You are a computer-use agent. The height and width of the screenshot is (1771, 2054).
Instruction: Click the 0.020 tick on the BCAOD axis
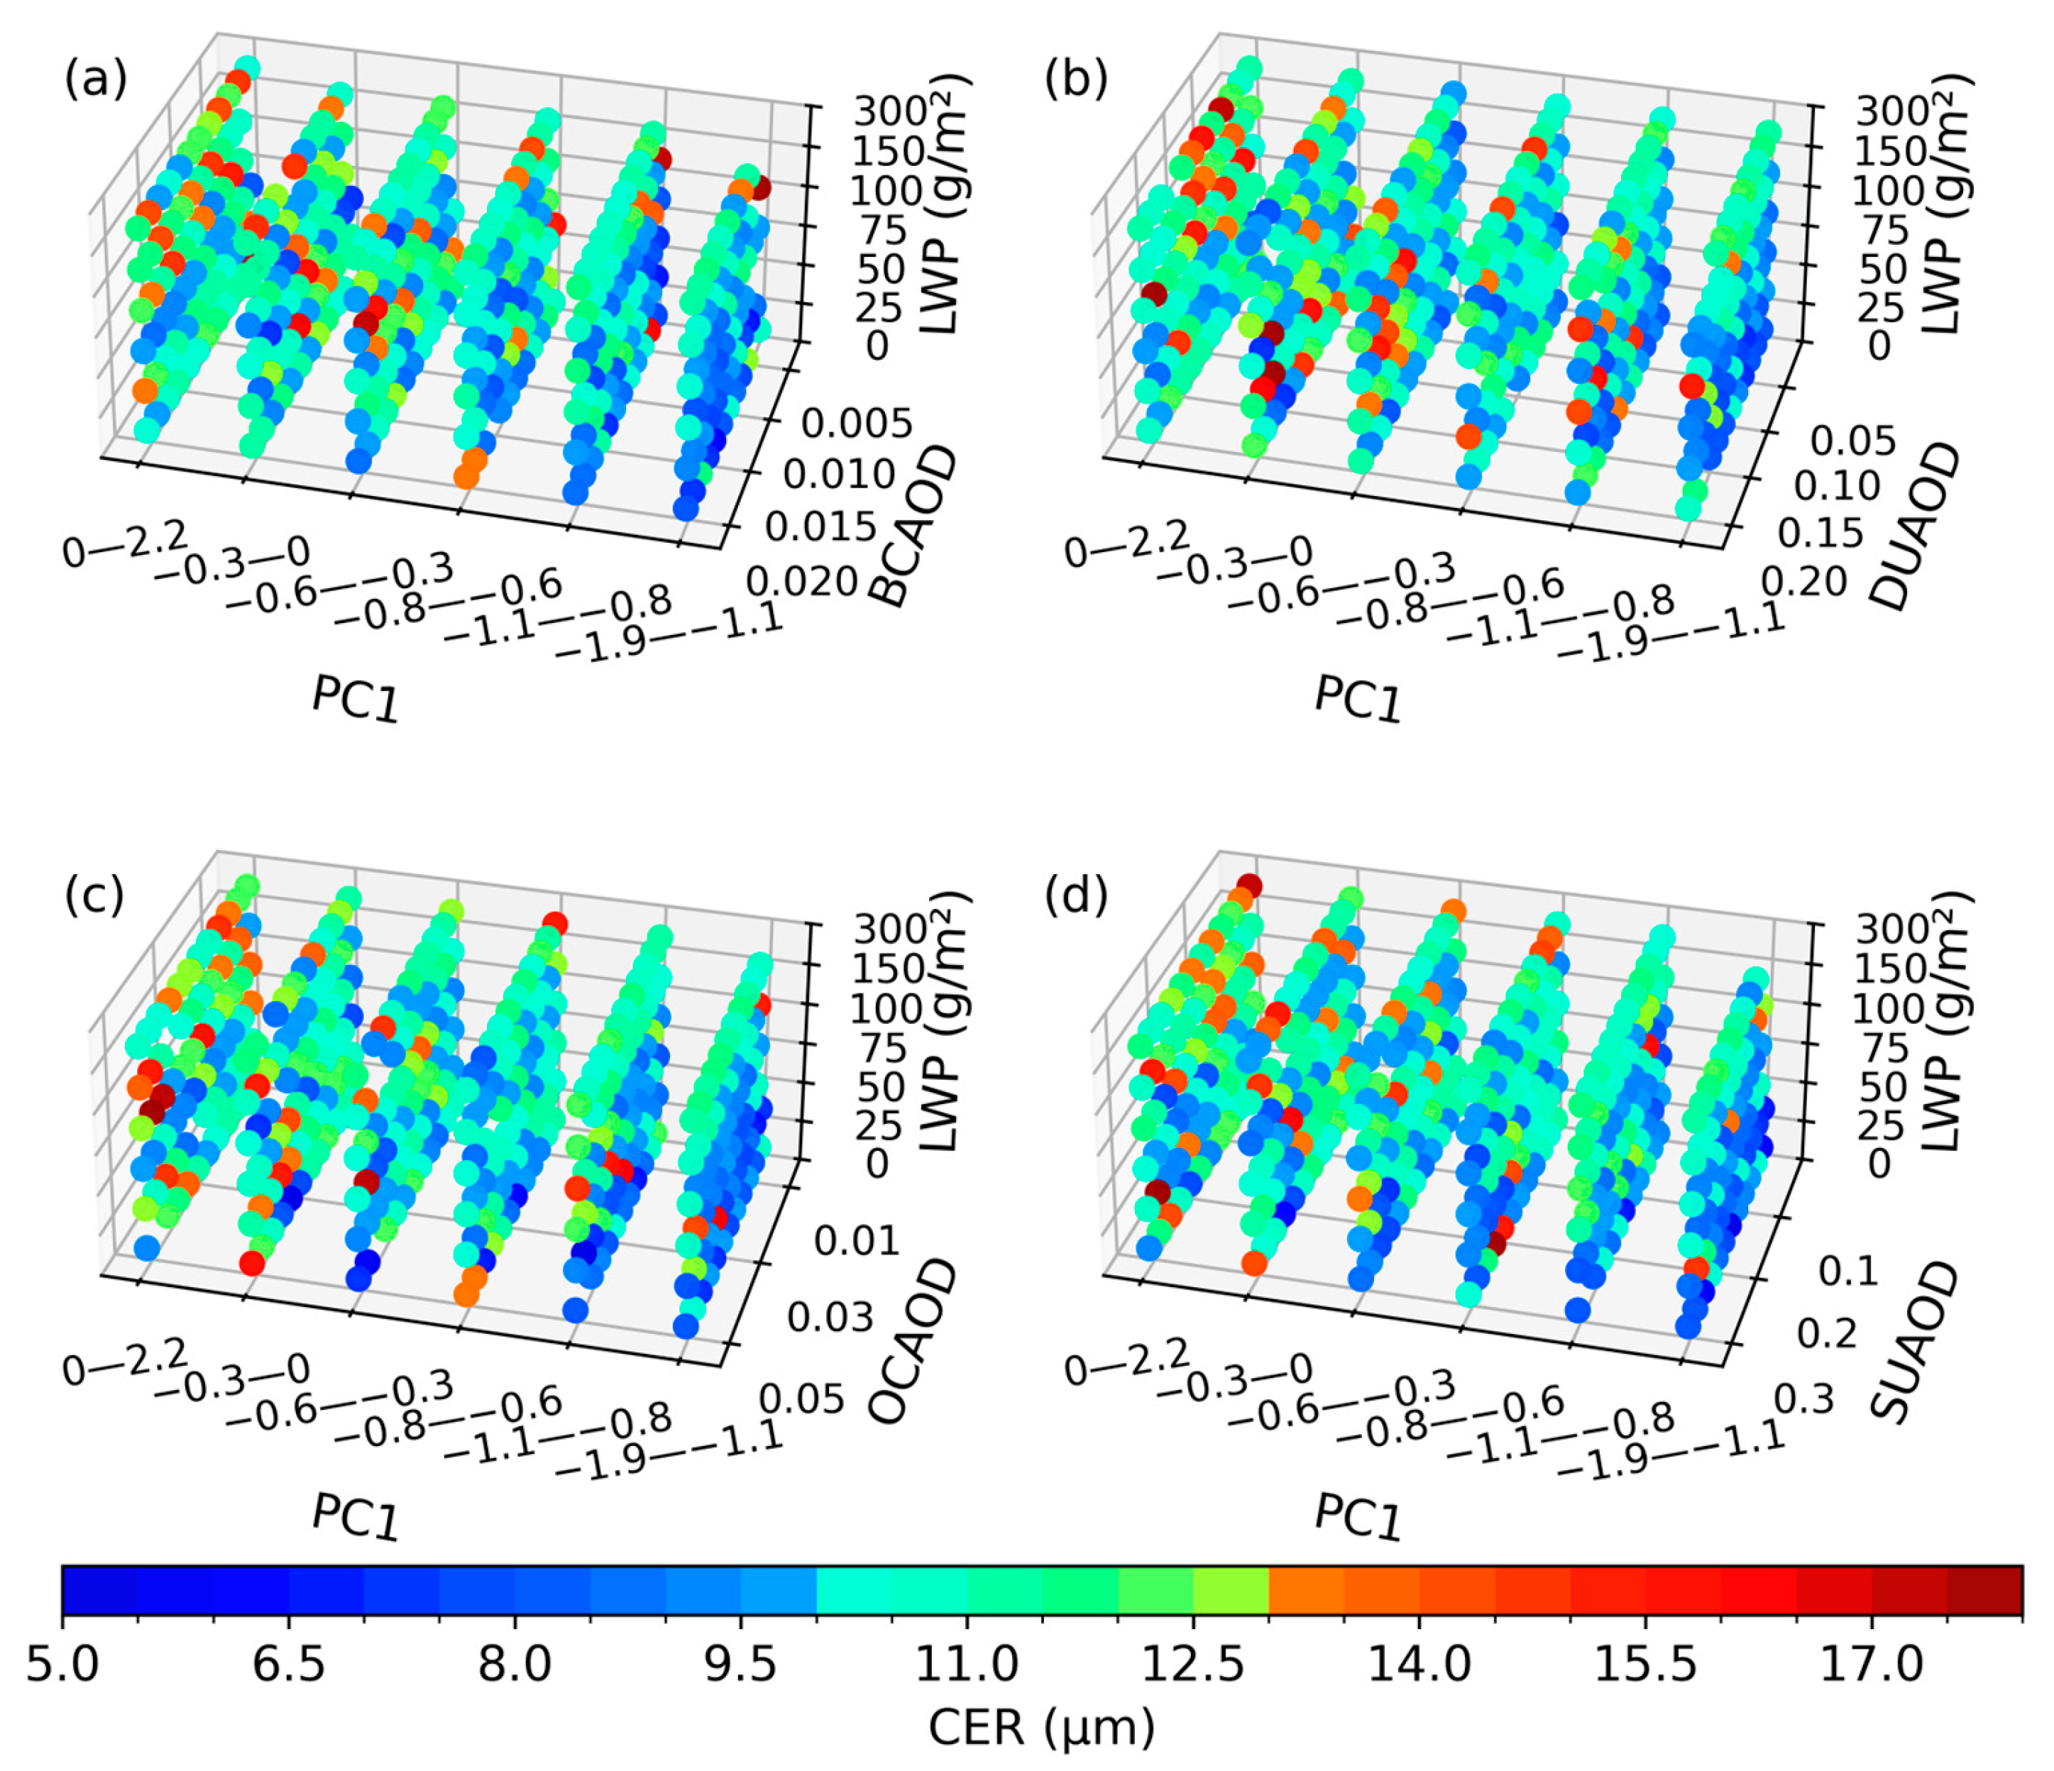point(801,580)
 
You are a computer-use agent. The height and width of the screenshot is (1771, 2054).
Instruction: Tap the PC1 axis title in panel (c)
point(355,1516)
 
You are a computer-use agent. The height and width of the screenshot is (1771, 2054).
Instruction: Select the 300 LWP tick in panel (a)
point(889,111)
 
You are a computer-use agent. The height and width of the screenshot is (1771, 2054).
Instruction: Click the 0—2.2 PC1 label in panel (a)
point(124,544)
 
